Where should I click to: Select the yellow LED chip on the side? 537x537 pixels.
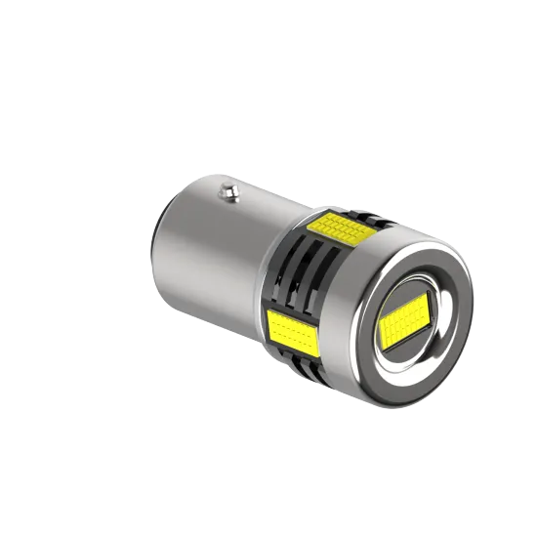pyautogui.click(x=293, y=328)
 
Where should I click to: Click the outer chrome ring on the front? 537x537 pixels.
pyautogui.click(x=459, y=293)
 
